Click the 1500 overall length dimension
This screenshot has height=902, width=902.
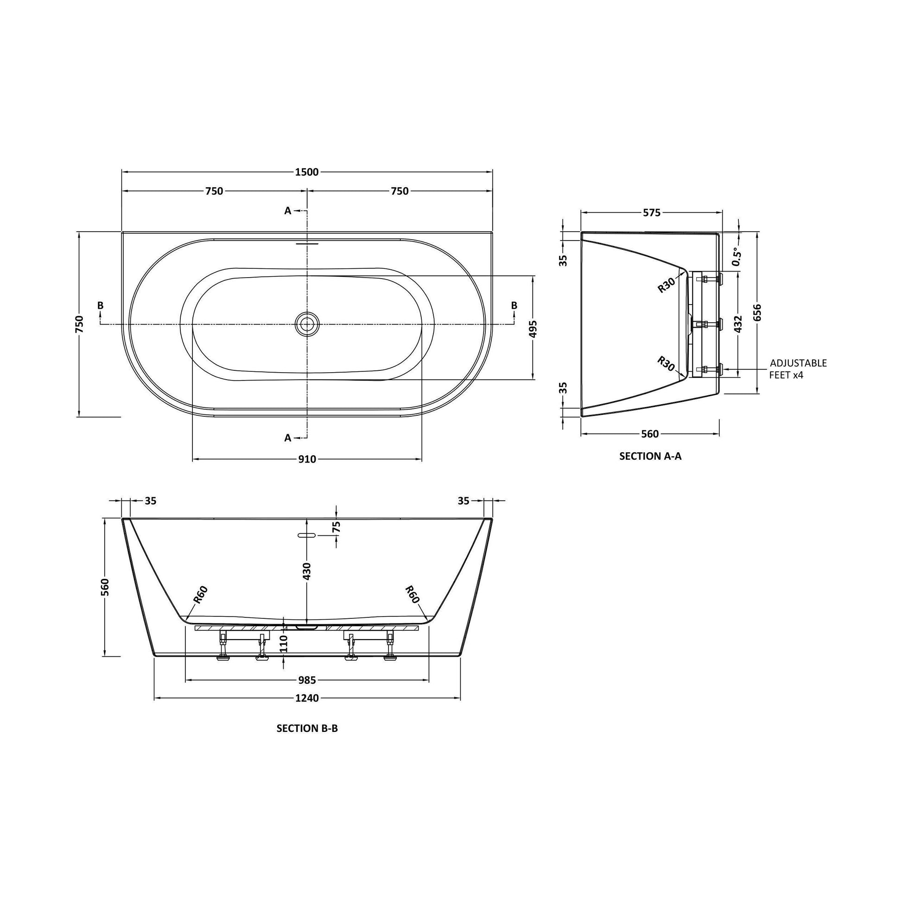point(307,172)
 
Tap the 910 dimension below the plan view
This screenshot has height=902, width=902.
point(307,460)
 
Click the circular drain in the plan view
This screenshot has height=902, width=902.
point(307,324)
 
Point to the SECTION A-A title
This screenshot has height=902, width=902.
point(650,457)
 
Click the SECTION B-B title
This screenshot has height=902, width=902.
point(307,728)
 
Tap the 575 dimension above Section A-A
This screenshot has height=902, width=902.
point(652,213)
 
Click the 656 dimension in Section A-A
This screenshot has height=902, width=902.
point(757,312)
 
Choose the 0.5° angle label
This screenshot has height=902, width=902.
point(736,257)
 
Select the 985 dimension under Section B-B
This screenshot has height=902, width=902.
point(307,680)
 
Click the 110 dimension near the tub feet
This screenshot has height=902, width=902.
point(284,644)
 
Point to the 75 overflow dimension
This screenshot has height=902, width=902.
point(337,527)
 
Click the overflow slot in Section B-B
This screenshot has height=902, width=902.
point(307,535)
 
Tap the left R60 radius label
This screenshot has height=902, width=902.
point(200,595)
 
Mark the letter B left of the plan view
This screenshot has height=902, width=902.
point(101,305)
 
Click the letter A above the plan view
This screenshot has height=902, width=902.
point(287,211)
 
